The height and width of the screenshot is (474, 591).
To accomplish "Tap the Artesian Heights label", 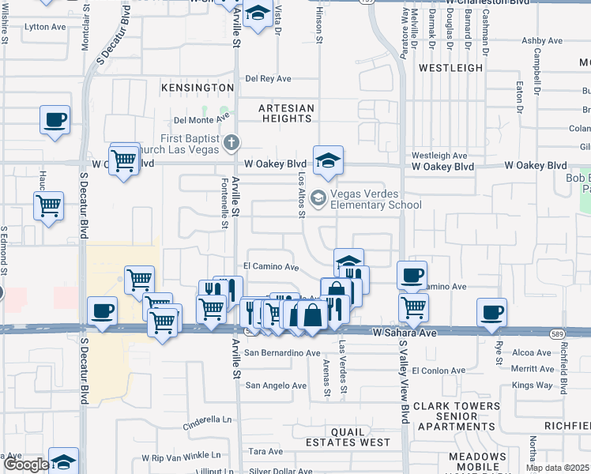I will pyautogui.click(x=287, y=113).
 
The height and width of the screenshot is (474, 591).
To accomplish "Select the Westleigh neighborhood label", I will pyautogui.click(x=450, y=68).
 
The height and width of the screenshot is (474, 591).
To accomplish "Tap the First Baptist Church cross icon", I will pyautogui.click(x=231, y=142).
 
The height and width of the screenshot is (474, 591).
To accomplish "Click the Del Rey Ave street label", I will pyautogui.click(x=269, y=78).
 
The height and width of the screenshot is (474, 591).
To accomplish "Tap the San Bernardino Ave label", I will pyautogui.click(x=282, y=352).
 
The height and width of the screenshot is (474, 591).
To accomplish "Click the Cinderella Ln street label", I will pyautogui.click(x=209, y=419).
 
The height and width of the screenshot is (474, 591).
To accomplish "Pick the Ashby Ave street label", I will pyautogui.click(x=542, y=40).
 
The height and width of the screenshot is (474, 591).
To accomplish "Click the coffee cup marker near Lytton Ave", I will pyautogui.click(x=55, y=120).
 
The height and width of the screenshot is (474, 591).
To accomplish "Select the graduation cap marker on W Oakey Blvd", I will pyautogui.click(x=328, y=161).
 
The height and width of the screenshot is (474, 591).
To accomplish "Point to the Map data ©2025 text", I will pyautogui.click(x=558, y=468).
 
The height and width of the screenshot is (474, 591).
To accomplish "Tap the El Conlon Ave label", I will pyautogui.click(x=443, y=370).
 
